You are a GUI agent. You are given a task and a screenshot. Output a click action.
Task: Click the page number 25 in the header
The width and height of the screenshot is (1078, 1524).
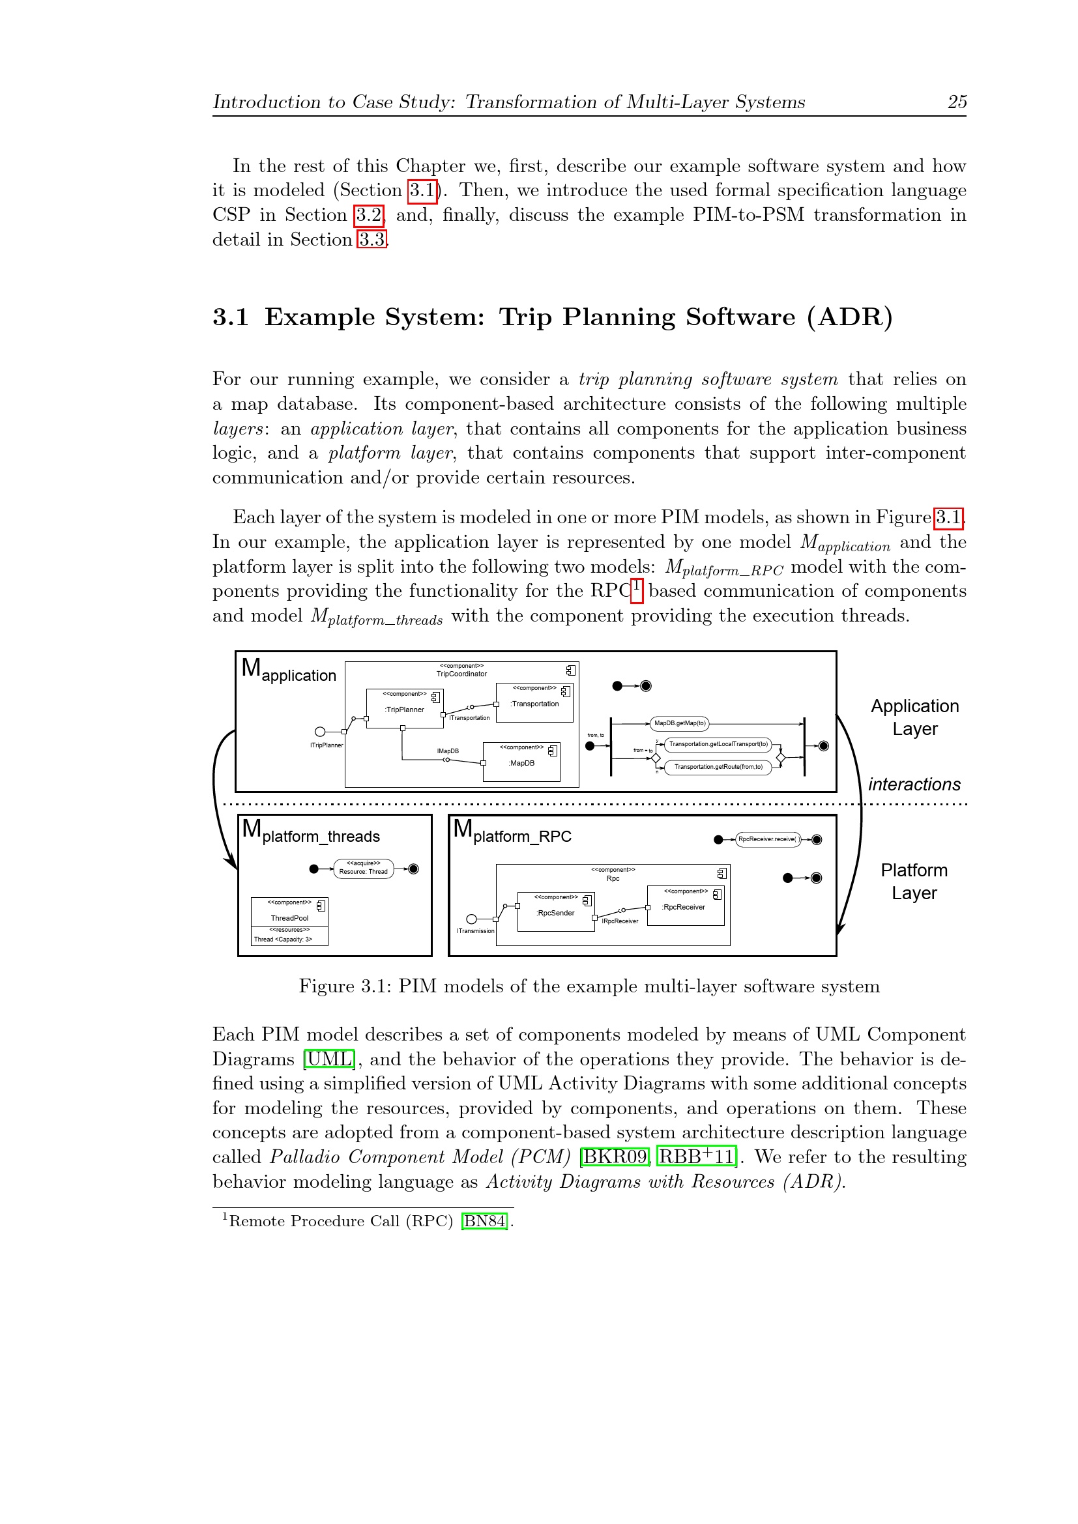pyautogui.click(x=957, y=102)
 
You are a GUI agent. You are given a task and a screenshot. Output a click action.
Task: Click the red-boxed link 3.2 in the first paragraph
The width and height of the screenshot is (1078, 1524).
pyautogui.click(x=369, y=215)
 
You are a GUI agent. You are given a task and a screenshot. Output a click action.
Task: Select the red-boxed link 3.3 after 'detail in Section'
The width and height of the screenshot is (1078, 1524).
pyautogui.click(x=371, y=240)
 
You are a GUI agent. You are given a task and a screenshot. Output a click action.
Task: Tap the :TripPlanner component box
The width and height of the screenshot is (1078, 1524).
pyautogui.click(x=404, y=709)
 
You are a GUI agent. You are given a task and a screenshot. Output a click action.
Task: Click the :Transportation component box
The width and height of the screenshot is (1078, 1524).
pyautogui.click(x=534, y=704)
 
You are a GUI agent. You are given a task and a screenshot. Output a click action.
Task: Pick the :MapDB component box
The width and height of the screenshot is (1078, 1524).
pyautogui.click(x=522, y=763)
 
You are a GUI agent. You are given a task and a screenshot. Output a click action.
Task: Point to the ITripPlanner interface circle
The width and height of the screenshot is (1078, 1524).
pyautogui.click(x=320, y=732)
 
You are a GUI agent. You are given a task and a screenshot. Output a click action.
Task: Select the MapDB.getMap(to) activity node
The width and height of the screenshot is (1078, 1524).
pyautogui.click(x=680, y=723)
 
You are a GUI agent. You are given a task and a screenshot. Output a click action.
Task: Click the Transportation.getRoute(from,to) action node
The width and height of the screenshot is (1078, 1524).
pyautogui.click(x=718, y=767)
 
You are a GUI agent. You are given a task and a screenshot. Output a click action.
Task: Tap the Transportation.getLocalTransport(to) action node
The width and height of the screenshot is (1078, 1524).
pyautogui.click(x=718, y=744)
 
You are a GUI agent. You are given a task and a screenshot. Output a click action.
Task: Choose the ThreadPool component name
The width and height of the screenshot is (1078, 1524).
pyautogui.click(x=289, y=918)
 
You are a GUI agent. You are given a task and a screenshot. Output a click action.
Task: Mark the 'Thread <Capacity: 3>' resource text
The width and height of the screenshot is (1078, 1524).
pyautogui.click(x=283, y=940)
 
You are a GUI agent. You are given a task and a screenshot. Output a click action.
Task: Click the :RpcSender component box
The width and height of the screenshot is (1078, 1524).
pyautogui.click(x=555, y=913)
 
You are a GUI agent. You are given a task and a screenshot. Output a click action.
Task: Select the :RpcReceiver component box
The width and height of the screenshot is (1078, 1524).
pyautogui.click(x=684, y=907)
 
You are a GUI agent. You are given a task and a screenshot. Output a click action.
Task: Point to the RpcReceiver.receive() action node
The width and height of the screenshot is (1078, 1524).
pyautogui.click(x=767, y=839)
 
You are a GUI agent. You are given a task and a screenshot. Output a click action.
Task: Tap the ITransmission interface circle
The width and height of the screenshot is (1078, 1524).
pyautogui.click(x=472, y=919)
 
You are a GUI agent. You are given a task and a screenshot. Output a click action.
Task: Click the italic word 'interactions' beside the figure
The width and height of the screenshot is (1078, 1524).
pyautogui.click(x=914, y=784)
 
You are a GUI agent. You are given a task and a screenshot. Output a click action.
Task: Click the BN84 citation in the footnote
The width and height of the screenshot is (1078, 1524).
pyautogui.click(x=484, y=1220)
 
